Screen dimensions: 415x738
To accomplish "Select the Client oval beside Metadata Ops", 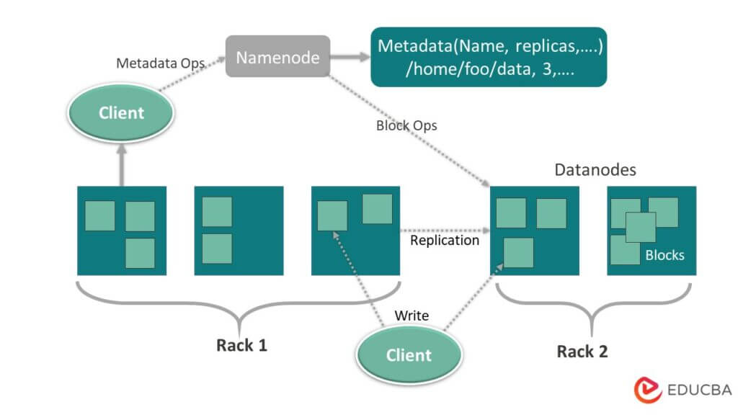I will click(121, 113).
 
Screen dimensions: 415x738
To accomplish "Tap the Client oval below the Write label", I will click(409, 354).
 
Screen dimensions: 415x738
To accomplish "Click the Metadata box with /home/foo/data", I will click(489, 57).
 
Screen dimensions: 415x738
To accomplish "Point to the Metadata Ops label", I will click(161, 63).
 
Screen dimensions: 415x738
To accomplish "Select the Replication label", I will click(444, 241).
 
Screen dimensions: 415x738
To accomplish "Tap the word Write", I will click(412, 316).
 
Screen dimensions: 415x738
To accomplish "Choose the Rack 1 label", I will click(242, 345).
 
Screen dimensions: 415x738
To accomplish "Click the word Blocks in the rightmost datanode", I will click(664, 255).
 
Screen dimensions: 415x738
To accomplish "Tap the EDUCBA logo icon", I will click(648, 389).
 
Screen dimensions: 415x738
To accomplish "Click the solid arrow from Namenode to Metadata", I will click(350, 56).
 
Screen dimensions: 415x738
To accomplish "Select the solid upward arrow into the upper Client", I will click(121, 162).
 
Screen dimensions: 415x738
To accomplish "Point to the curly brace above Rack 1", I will click(239, 303).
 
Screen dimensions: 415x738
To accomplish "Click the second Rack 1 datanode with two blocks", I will click(239, 231).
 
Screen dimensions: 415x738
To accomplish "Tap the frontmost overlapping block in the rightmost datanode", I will click(640, 227).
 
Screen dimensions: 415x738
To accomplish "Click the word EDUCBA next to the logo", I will click(698, 390).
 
